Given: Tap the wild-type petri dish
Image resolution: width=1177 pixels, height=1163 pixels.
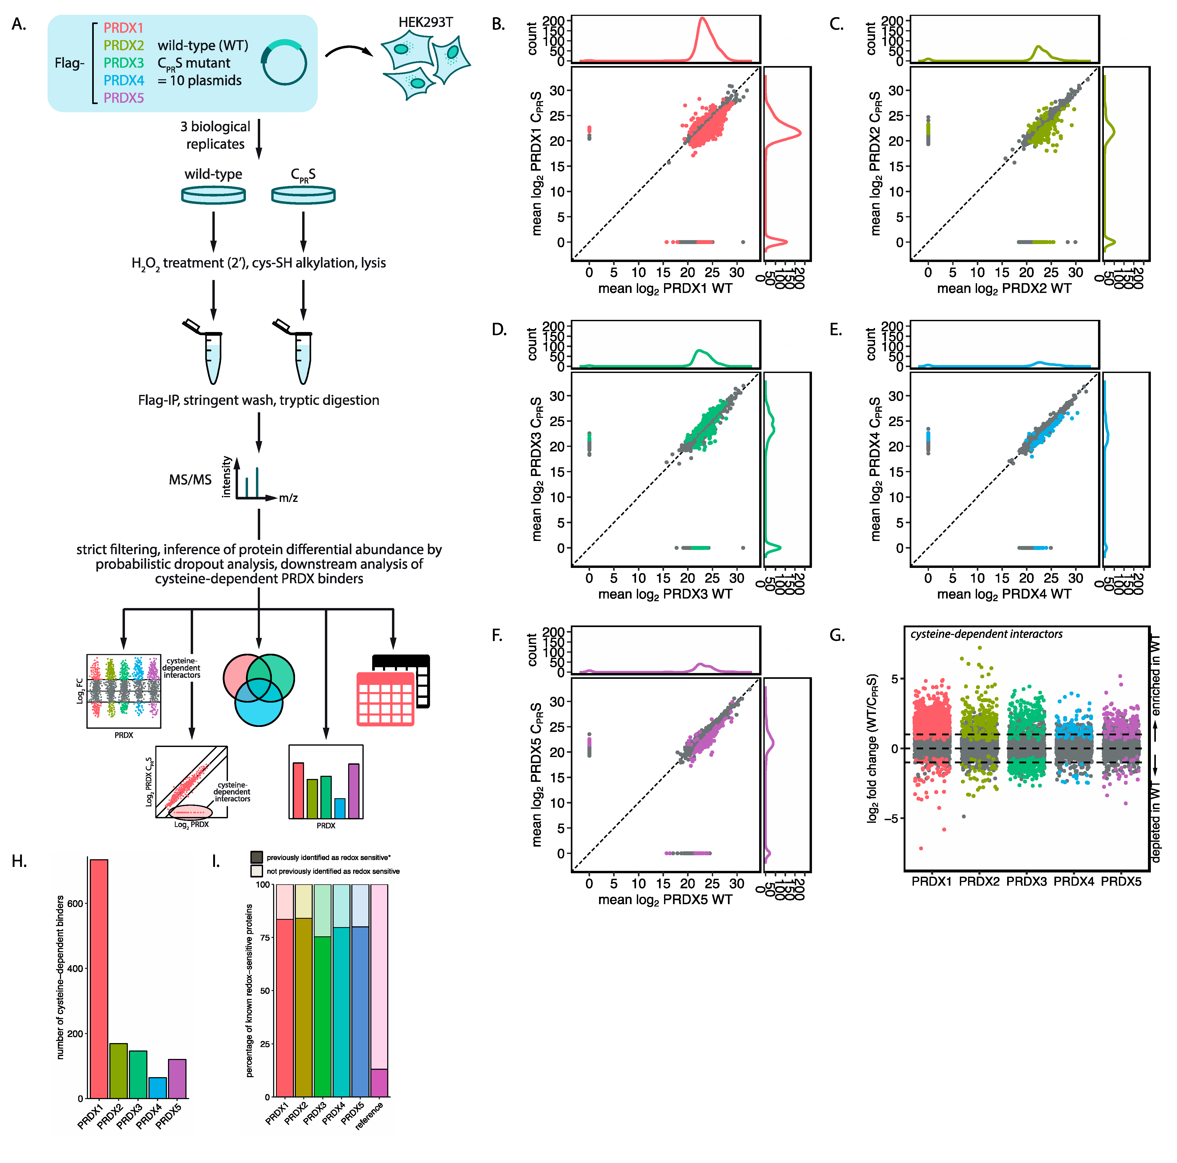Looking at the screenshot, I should (213, 195).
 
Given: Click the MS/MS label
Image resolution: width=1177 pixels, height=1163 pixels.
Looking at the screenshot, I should (190, 480).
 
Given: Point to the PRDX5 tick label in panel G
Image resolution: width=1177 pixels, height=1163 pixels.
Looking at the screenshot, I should (1121, 881).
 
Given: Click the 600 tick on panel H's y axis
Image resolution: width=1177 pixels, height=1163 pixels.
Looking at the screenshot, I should (75, 903).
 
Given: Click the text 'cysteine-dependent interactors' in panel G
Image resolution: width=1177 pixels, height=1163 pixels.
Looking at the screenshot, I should (986, 634).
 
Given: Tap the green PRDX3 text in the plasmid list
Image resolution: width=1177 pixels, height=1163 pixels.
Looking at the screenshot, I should (124, 63).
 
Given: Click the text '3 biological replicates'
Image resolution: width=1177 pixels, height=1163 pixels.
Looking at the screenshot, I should (215, 135).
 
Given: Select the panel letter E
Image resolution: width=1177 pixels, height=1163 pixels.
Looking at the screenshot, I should (836, 330).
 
